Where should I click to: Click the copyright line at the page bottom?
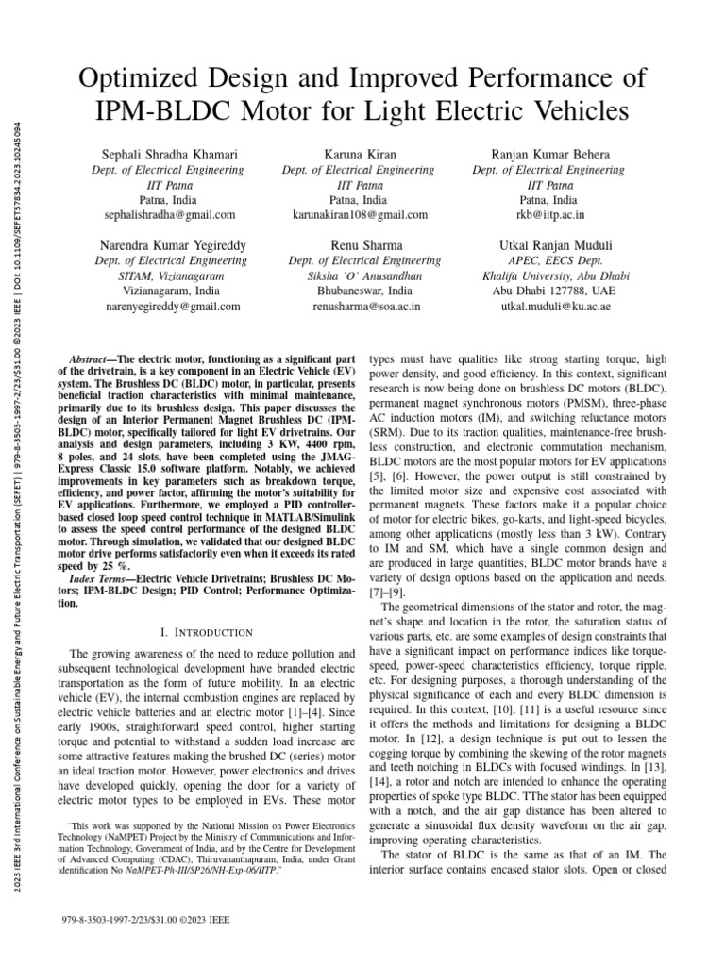[143, 918]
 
